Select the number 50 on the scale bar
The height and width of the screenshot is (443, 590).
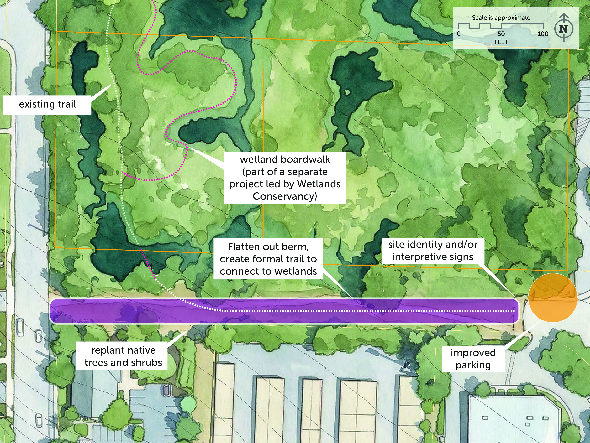501,34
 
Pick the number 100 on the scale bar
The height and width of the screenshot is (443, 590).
543,34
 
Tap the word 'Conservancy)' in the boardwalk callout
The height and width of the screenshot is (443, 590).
285,196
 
